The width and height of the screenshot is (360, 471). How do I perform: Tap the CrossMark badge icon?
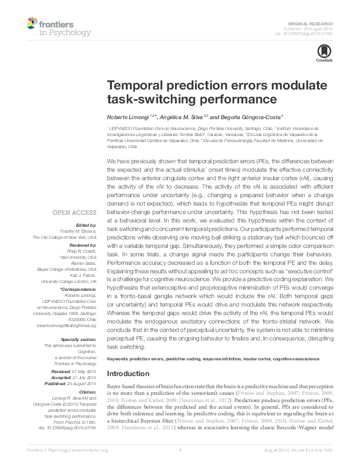pyautogui.click(x=321, y=54)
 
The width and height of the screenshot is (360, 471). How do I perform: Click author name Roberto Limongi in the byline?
pyautogui.click(x=125, y=116)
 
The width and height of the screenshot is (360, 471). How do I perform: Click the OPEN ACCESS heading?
pyautogui.click(x=74, y=212)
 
